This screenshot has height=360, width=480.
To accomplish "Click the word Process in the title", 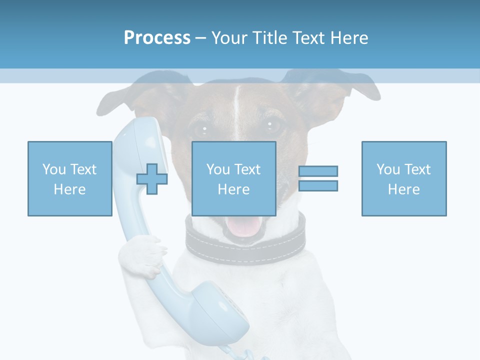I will pos(157,38).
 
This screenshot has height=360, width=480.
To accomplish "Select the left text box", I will pos(69,178).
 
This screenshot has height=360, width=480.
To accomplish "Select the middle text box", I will pos(233,178).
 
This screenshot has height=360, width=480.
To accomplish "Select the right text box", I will pos(403,178).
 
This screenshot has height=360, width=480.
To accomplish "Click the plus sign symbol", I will pos(152,178).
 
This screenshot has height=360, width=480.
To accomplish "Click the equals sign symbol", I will pos(318,178).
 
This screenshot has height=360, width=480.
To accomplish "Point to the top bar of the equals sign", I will pos(318,171).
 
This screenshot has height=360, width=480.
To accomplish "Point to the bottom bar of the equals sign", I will pos(318,185).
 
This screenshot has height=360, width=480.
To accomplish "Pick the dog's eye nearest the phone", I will pos(203,129).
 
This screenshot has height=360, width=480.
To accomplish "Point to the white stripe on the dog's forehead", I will pos(236,100).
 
